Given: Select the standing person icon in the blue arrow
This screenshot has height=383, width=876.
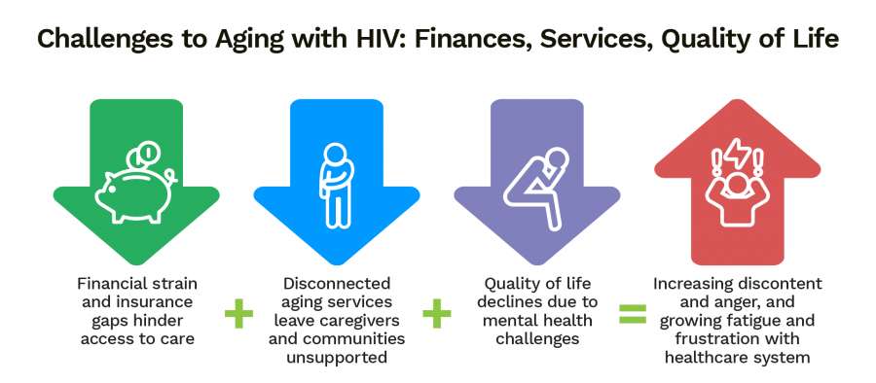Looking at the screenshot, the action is pos(336,186).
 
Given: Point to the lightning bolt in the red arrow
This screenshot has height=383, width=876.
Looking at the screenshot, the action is pos(737,153).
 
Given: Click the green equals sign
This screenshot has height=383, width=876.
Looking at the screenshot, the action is pos(633,314).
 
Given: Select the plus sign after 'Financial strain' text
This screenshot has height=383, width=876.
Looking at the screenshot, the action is pos(238,314).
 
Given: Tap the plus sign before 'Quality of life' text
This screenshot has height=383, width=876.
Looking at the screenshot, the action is pos(437,314).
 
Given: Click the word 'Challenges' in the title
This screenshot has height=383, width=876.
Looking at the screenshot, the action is pos(92,40).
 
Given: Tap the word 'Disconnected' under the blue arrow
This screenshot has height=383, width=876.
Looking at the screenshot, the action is pos(337,284).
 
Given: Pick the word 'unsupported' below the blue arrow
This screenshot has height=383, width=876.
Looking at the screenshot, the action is pos(337,358).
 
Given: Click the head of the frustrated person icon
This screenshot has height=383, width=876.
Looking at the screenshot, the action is pos(737,184).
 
